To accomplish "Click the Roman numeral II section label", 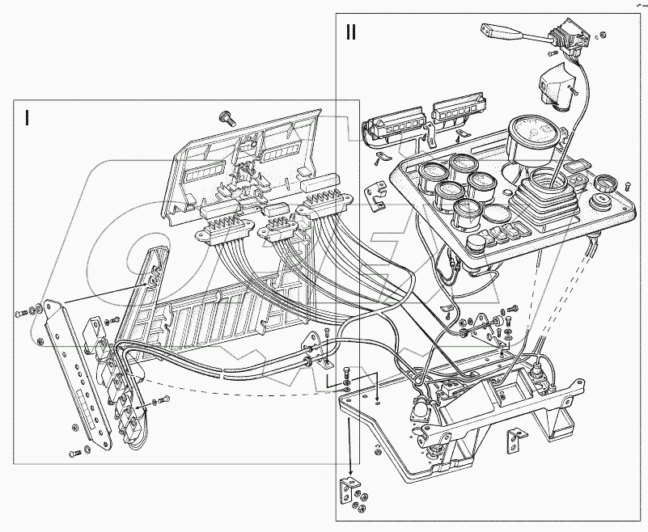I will (350, 33).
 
